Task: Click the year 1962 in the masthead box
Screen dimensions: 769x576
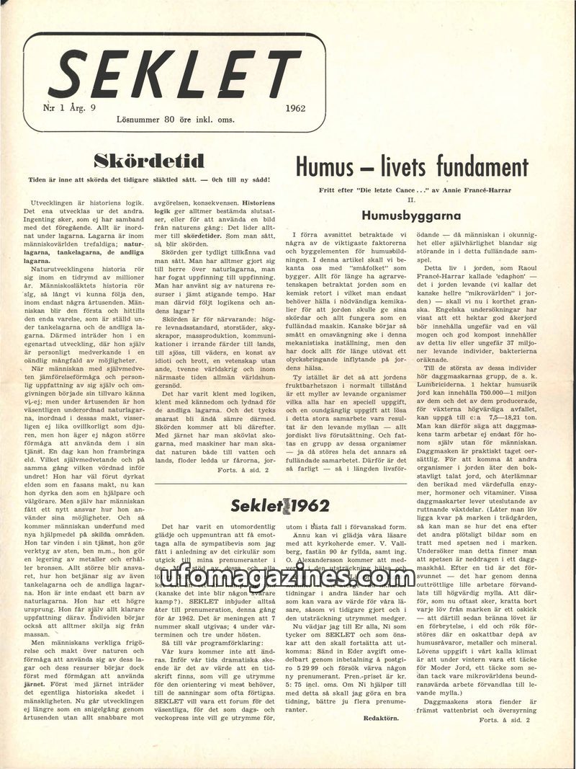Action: [297, 110]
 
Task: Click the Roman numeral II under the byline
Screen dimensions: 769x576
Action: [411, 198]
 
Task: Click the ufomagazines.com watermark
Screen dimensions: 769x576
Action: [288, 577]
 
